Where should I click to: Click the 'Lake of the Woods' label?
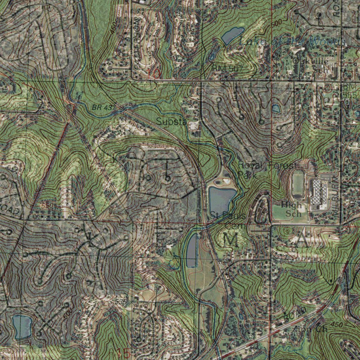click(x=292, y=41)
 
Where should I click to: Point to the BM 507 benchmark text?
click(x=227, y=68)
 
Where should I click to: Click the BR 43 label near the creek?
click(x=103, y=107)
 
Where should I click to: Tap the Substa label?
click(x=171, y=122)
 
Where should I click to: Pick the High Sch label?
click(x=291, y=209)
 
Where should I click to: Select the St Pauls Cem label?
click(x=225, y=219)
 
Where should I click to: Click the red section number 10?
click(x=154, y=73)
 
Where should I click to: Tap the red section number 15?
click(x=123, y=353)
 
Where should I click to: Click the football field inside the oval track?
click(x=298, y=184)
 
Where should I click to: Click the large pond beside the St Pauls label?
click(x=221, y=199)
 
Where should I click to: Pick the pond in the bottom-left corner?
click(x=22, y=326)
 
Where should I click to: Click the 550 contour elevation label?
click(x=46, y=205)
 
